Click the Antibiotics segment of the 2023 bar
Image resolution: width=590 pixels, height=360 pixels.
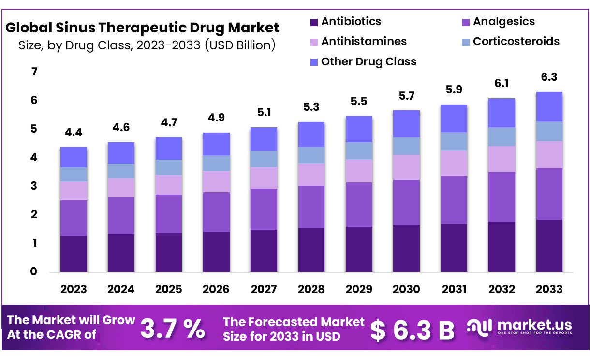[x=74, y=254]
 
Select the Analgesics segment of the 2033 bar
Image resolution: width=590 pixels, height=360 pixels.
[x=549, y=194]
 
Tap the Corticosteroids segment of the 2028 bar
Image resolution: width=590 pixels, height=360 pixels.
[x=311, y=155]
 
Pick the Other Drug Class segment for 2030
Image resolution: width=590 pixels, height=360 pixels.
[x=406, y=124]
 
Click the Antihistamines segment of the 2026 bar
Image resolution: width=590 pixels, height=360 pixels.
[x=216, y=181]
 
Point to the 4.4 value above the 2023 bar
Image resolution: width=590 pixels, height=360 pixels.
[x=74, y=132]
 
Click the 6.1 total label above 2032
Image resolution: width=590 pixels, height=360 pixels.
[x=501, y=83]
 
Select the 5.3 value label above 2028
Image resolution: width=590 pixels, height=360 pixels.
[x=311, y=107]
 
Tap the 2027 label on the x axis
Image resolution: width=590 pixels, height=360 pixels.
[x=264, y=289]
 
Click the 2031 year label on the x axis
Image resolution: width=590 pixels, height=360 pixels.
[x=454, y=289]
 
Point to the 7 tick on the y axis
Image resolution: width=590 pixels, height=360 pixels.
[x=34, y=72]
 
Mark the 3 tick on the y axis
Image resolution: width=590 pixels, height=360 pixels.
[x=34, y=186]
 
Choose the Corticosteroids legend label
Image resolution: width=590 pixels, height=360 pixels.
[x=516, y=41]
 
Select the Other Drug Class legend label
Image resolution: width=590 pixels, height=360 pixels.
[x=369, y=61]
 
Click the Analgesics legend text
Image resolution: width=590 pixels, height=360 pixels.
[x=504, y=22]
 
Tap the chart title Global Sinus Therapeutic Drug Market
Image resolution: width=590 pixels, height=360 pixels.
[x=142, y=27]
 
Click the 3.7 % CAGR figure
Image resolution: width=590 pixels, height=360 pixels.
[x=172, y=329]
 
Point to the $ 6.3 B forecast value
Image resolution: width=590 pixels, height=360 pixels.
[x=413, y=330]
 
